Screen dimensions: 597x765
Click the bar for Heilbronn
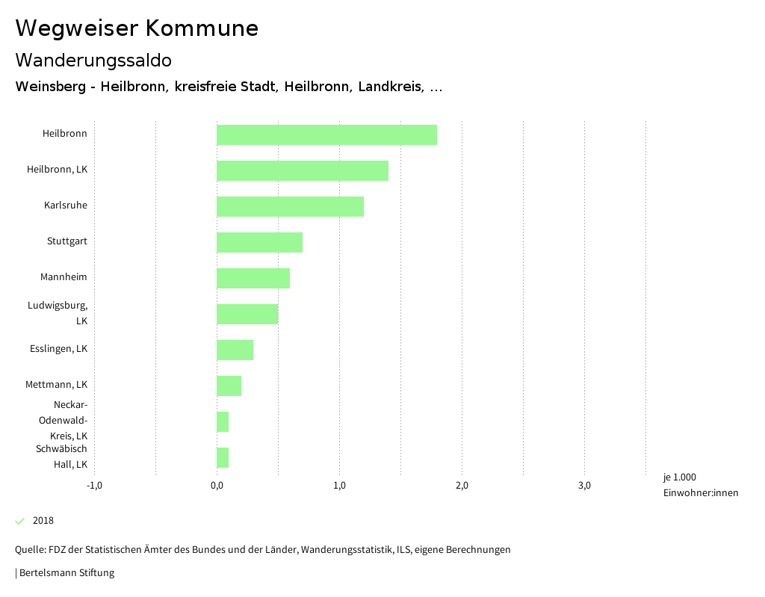326,134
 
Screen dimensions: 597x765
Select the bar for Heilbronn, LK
303,170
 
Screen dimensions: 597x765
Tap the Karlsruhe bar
290,206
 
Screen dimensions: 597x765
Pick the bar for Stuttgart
259,242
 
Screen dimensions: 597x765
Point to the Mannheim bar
253,278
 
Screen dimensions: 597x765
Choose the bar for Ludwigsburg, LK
247,314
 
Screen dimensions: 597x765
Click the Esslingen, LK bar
235,350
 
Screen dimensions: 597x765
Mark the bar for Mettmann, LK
229,386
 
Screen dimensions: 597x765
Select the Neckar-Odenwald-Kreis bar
223,421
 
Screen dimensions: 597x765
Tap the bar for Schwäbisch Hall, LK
223,457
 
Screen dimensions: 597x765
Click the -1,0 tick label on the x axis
94,486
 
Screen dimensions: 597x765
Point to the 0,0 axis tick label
217,486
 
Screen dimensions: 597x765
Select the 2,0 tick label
462,486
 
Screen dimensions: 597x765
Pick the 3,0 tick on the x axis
584,486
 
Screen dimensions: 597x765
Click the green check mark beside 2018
20,521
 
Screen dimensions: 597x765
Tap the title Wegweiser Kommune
137,28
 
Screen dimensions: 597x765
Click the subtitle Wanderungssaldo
93,60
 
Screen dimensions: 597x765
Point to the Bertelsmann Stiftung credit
66,573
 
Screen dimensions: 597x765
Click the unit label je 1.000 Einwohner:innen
700,485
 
